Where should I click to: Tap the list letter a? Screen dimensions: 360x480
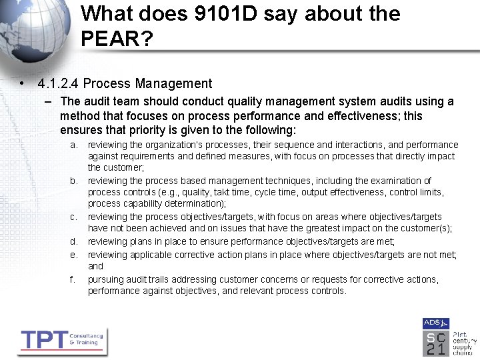click(73, 145)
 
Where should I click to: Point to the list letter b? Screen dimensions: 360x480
click(73, 181)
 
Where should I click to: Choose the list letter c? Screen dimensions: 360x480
click(73, 217)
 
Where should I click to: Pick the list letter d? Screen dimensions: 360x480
click(73, 241)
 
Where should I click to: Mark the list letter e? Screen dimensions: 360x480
click(73, 254)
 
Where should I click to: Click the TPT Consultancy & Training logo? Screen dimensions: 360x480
click(62, 341)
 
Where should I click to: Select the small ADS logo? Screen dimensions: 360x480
click(431, 323)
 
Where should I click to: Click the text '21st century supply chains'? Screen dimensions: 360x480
click(465, 343)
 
